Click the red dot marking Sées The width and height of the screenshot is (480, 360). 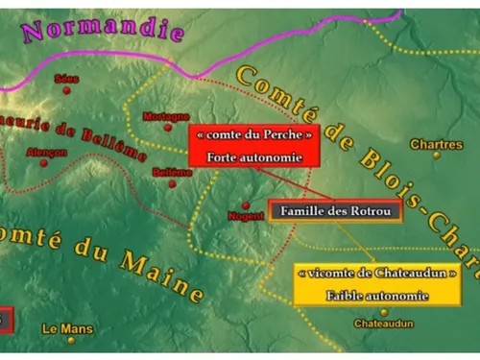pos(66,91)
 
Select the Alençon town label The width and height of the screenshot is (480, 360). pos(47,151)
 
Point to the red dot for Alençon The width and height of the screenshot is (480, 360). pos(43,162)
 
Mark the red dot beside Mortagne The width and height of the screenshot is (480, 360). pos(168,127)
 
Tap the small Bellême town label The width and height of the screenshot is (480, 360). pos(173,172)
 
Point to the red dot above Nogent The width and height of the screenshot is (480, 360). pos(246,205)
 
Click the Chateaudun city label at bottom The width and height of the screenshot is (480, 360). pos(384,324)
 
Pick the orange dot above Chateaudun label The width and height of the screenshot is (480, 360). pos(384,311)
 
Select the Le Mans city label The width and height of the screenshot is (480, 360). pos(68,329)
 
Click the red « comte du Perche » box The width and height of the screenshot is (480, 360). pos(252,145)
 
